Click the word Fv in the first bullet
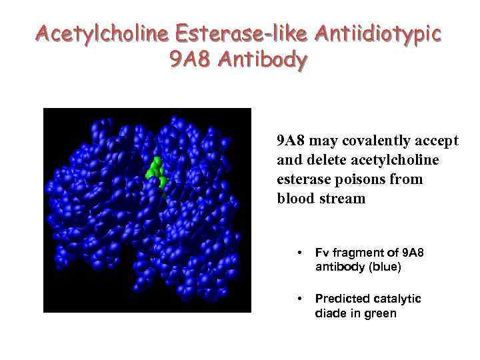[322, 253]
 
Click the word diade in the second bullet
[330, 313]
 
